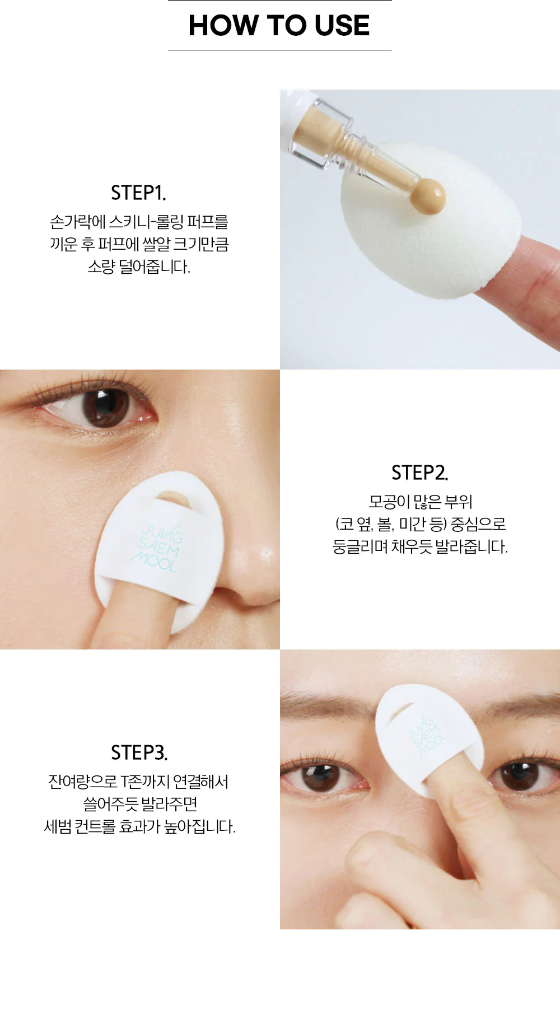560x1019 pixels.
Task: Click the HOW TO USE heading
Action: tap(279, 25)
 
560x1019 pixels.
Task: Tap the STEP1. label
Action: tap(138, 193)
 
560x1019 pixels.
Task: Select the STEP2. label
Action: tap(420, 473)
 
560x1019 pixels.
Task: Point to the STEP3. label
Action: tap(139, 752)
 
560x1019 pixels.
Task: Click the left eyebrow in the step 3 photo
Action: tap(325, 703)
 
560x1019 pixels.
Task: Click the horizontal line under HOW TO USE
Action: tap(280, 50)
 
